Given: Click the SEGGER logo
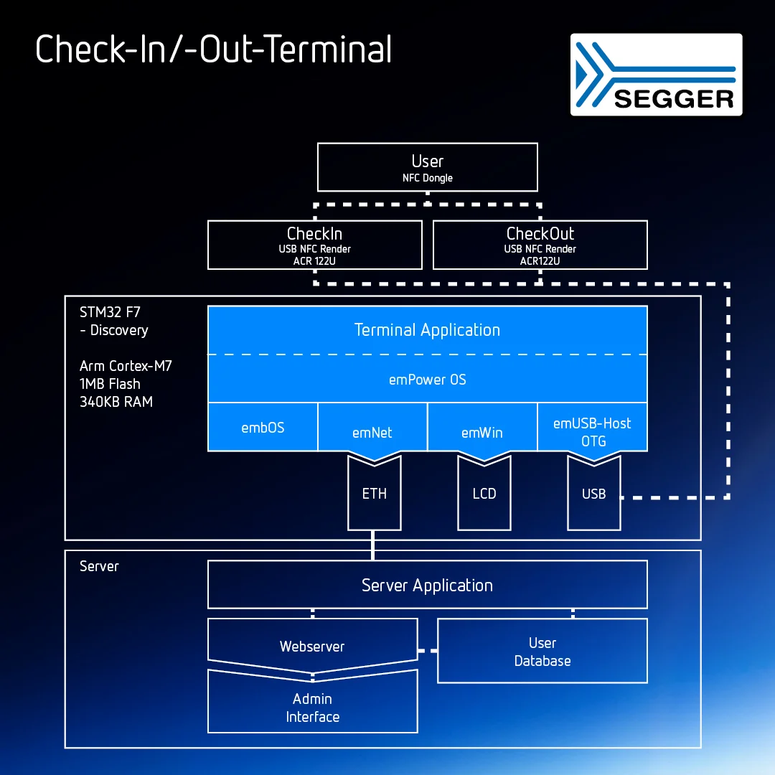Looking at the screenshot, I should point(656,75).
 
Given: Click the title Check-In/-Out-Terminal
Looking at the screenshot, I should point(214,50).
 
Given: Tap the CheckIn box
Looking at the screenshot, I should point(314,245).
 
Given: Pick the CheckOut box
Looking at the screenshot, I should point(540,245).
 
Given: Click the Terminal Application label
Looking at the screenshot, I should point(427,330).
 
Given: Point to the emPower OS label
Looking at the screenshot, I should point(427,380).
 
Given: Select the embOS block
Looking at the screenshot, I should point(263,428).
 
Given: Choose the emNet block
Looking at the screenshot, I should point(372,432).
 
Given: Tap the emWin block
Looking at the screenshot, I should point(482,432).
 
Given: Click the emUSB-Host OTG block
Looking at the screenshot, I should point(592,431).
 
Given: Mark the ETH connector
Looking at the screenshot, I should point(374,494).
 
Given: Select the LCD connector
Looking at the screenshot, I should point(484,494).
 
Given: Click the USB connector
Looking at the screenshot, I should point(593,494).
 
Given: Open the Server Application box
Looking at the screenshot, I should point(427,585).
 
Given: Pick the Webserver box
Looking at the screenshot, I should point(312,646).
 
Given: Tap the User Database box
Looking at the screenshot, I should point(542,652).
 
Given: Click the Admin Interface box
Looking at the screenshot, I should point(312,707).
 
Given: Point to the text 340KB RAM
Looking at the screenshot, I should point(116,402).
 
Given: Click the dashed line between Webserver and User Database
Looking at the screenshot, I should point(428,651).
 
